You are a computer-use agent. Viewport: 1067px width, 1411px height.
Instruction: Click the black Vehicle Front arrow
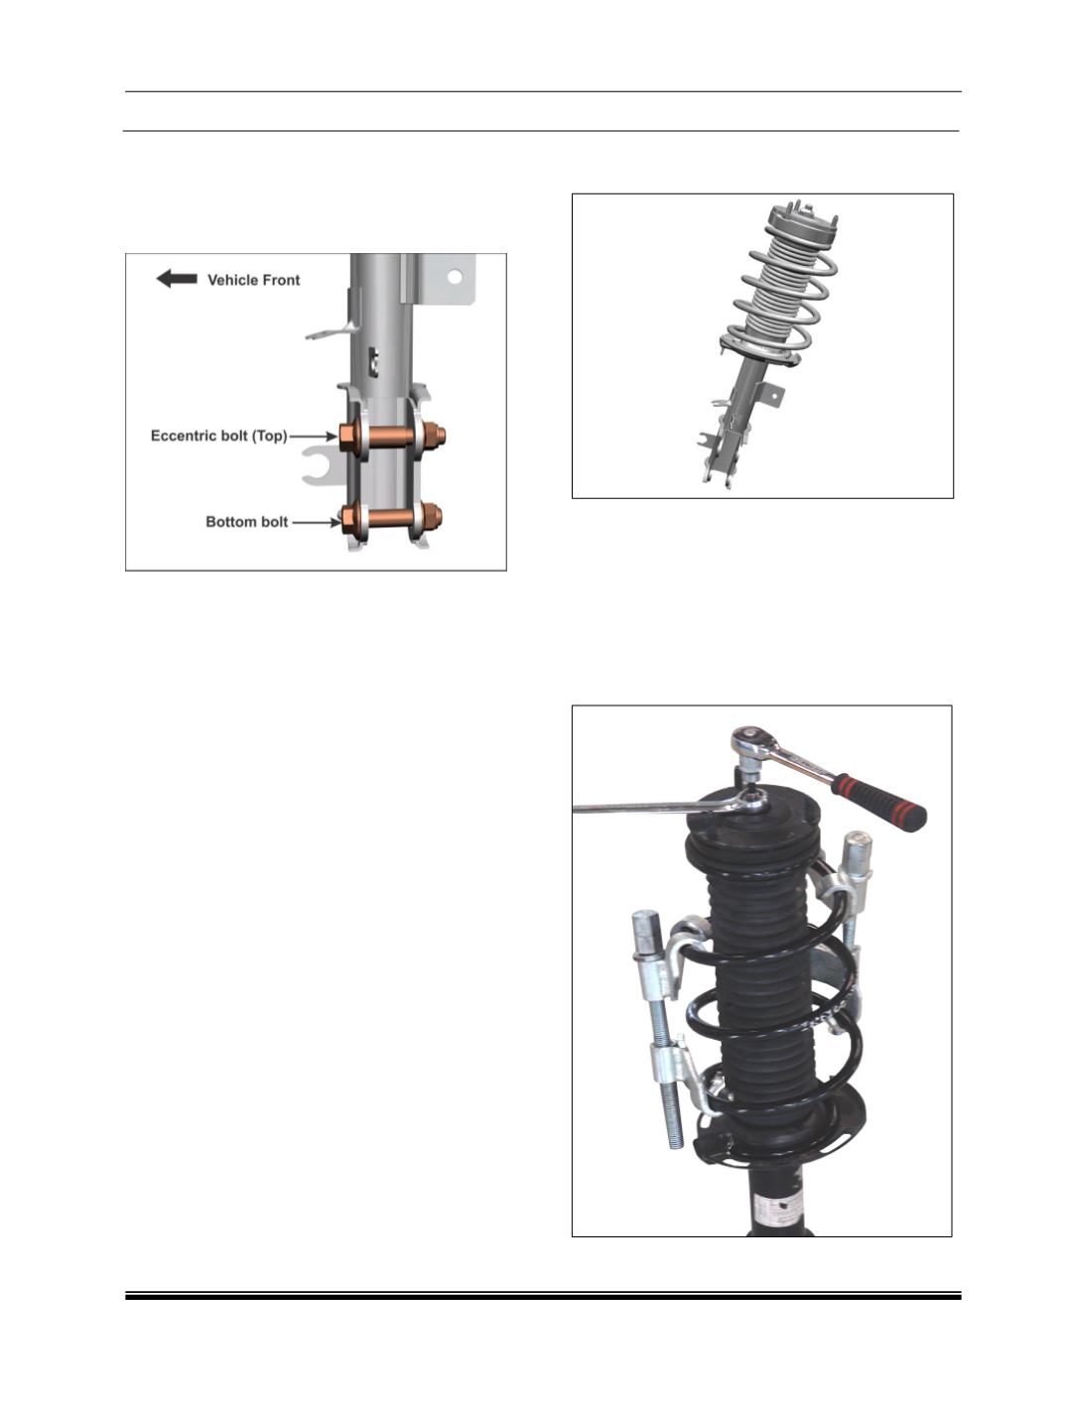pos(177,279)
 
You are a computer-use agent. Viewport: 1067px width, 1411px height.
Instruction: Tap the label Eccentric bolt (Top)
pos(218,436)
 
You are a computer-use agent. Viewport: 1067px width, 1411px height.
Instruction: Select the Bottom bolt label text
pos(247,522)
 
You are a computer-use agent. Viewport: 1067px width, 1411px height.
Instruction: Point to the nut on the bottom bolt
pos(432,514)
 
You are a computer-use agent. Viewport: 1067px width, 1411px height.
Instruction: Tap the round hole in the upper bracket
pos(455,277)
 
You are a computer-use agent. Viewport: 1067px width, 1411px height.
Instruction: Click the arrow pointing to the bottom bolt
pos(316,523)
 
